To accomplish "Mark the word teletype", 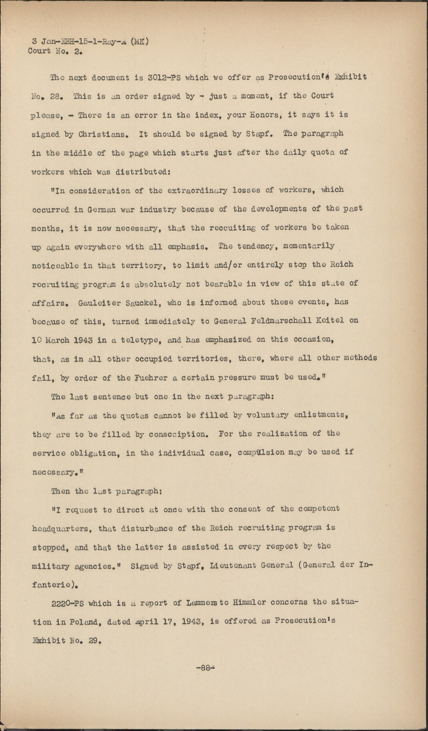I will (x=142, y=340).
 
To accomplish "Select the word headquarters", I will (x=61, y=528).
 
